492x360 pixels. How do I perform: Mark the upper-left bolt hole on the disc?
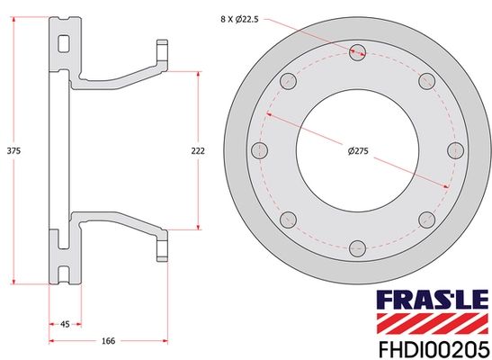pyautogui.click(x=288, y=82)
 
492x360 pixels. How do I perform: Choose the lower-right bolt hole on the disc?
pyautogui.click(x=425, y=219)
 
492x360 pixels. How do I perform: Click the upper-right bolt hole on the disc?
pyautogui.click(x=426, y=82)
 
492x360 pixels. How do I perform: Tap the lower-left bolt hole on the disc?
pyautogui.click(x=288, y=219)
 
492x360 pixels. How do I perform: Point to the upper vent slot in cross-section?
pyautogui.click(x=63, y=41)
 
